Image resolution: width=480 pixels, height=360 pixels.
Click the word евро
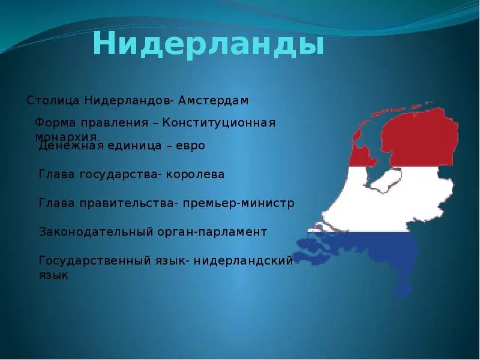tap(190, 146)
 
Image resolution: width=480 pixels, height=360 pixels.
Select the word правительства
tap(125, 203)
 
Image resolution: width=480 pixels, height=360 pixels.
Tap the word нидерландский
tap(243, 260)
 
